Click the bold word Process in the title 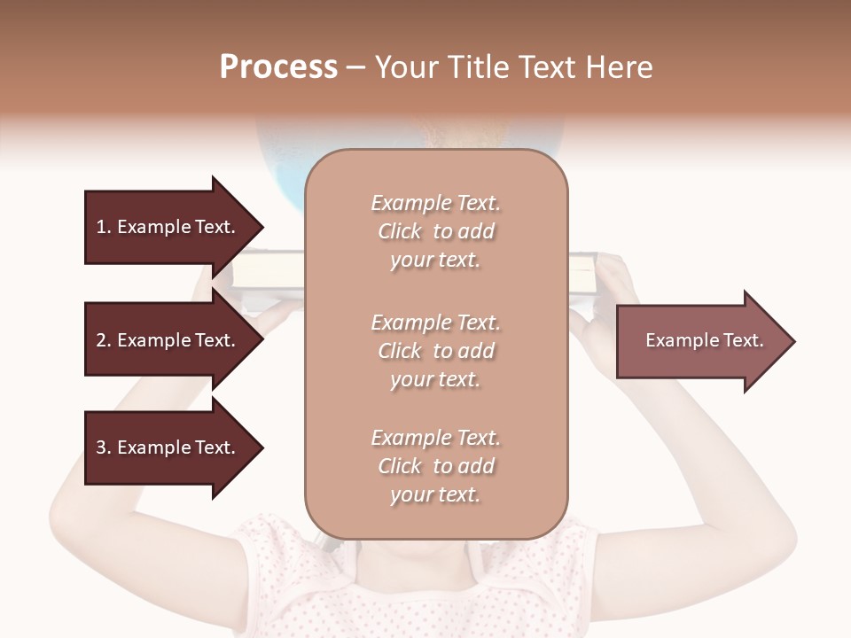[x=278, y=67]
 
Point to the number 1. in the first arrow [x=104, y=227]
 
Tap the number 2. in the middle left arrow [x=104, y=340]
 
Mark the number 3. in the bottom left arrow [x=104, y=447]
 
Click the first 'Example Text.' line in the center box [x=436, y=203]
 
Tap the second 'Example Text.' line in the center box [x=436, y=323]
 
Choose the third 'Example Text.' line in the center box [x=436, y=438]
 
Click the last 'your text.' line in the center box [x=435, y=494]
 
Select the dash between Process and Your [x=356, y=68]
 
